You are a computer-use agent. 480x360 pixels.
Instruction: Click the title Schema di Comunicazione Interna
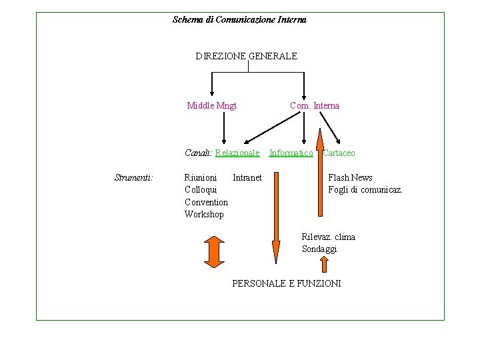pyautogui.click(x=239, y=20)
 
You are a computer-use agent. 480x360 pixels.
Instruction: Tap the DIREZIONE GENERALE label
pyautogui.click(x=246, y=57)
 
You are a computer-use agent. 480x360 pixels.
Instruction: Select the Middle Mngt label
pyautogui.click(x=212, y=105)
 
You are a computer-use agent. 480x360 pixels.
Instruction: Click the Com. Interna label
pyautogui.click(x=315, y=105)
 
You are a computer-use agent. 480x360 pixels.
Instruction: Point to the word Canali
pyautogui.click(x=197, y=153)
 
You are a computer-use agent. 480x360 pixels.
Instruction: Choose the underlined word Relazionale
pyautogui.click(x=237, y=153)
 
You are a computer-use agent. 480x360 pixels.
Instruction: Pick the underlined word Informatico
pyautogui.click(x=291, y=153)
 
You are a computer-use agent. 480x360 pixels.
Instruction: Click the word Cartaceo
pyautogui.click(x=339, y=153)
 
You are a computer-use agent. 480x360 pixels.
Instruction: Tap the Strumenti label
pyautogui.click(x=134, y=178)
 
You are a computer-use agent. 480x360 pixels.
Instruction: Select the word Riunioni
pyautogui.click(x=201, y=178)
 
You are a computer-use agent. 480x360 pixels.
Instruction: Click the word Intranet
pyautogui.click(x=247, y=178)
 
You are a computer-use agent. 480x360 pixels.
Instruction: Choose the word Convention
pyautogui.click(x=206, y=202)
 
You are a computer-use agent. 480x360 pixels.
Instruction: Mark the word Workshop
pyautogui.click(x=204, y=214)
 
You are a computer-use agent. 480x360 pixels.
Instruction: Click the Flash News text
pyautogui.click(x=350, y=178)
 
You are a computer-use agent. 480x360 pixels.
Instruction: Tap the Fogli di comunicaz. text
pyautogui.click(x=365, y=190)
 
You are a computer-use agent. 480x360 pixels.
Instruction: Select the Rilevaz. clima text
pyautogui.click(x=328, y=237)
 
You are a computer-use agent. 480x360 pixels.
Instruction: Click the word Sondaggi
pyautogui.click(x=319, y=249)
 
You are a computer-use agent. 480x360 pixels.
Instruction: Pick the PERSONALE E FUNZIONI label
pyautogui.click(x=286, y=284)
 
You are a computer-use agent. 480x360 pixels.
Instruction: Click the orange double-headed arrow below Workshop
pyautogui.click(x=214, y=251)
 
